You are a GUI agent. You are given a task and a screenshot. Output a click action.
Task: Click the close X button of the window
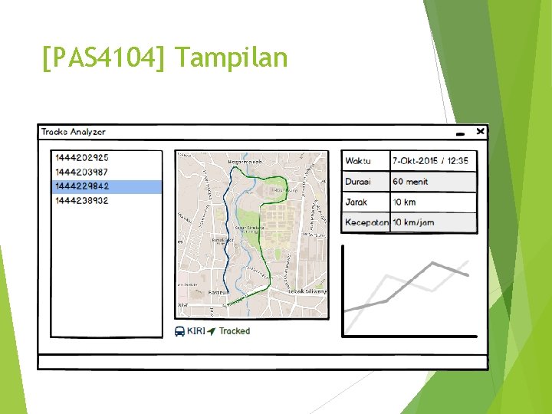click(480, 132)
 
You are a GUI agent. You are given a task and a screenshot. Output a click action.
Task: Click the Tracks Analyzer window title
click(74, 132)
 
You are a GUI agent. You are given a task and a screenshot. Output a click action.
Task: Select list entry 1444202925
click(80, 157)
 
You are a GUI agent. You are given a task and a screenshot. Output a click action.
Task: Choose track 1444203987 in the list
click(80, 172)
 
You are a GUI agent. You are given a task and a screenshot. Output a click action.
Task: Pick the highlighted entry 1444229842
click(80, 186)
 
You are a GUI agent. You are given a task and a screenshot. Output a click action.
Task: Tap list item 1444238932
click(80, 201)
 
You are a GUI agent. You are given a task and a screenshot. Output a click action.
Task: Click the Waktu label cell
click(358, 161)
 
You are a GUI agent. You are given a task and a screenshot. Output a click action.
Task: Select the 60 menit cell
click(410, 182)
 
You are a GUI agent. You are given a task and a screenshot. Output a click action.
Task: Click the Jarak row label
click(356, 202)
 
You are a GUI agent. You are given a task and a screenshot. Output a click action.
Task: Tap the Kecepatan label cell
click(366, 223)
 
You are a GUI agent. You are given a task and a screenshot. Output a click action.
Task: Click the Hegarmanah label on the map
click(245, 162)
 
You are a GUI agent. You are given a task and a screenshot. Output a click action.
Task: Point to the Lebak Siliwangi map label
click(307, 291)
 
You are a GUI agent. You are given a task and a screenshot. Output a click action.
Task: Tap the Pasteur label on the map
click(219, 292)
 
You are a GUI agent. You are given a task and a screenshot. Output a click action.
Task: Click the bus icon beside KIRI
click(179, 331)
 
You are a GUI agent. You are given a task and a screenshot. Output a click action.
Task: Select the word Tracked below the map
click(235, 331)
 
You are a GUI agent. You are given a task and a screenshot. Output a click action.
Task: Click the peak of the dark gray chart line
click(433, 263)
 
